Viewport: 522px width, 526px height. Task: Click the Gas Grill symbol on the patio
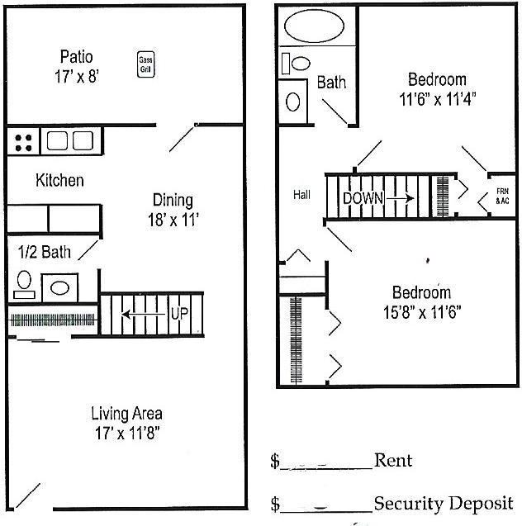tap(146, 64)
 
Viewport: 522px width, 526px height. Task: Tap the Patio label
tap(77, 56)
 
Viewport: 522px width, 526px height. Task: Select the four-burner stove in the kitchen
tap(23, 143)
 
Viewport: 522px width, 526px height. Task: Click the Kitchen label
tap(59, 180)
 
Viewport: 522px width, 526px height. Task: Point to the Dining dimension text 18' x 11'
tap(173, 220)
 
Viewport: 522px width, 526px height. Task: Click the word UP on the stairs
tap(179, 314)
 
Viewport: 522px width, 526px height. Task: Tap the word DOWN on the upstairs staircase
tap(363, 198)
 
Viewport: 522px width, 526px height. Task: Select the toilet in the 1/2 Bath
tap(24, 284)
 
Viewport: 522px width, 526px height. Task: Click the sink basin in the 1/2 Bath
tap(59, 288)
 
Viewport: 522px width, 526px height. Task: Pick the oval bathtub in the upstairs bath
tap(314, 26)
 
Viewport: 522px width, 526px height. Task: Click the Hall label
tap(301, 195)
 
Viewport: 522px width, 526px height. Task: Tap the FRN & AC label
tap(502, 196)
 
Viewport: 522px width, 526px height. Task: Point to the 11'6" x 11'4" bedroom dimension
tap(438, 99)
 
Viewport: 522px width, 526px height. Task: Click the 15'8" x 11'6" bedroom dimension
tap(422, 312)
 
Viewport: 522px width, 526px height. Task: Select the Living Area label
tap(127, 413)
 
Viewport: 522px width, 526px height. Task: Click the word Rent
tap(393, 460)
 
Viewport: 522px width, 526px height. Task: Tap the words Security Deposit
tap(444, 504)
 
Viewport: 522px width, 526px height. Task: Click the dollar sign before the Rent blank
tap(275, 461)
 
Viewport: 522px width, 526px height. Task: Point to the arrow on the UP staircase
tap(144, 315)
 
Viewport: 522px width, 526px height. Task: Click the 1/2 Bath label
tap(45, 252)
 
